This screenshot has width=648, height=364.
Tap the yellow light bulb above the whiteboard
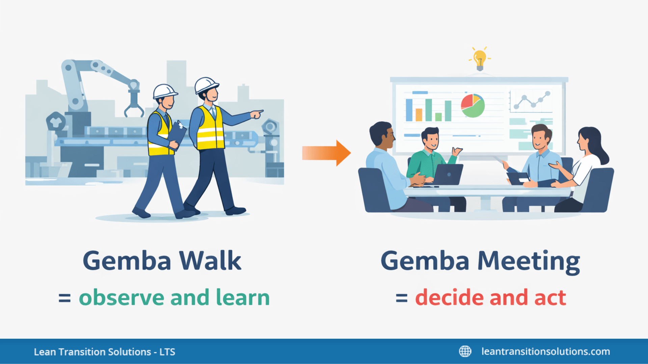(480, 59)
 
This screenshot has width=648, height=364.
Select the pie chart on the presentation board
(473, 105)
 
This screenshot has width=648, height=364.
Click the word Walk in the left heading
(210, 261)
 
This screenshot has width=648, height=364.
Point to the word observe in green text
(122, 298)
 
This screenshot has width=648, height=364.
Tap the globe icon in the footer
(465, 351)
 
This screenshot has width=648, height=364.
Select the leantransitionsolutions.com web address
(545, 351)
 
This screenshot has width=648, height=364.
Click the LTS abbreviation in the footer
(167, 352)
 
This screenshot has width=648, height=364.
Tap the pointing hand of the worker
(257, 114)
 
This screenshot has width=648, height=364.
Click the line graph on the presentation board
(531, 100)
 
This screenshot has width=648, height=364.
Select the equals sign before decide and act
(402, 298)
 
